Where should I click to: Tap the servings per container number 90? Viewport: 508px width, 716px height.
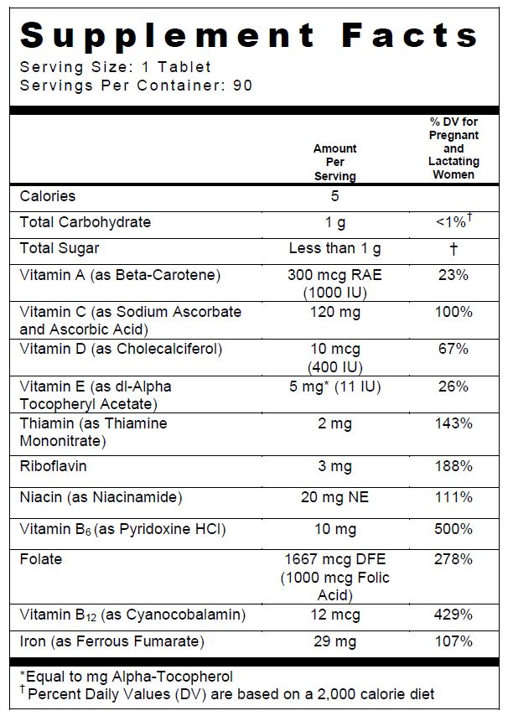242,86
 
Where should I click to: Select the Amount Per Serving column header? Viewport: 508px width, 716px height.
334,162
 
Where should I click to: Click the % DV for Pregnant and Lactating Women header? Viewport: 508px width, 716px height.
454,148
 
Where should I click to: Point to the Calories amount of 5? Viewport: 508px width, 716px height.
334,196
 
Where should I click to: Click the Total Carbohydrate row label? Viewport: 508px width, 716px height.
86,222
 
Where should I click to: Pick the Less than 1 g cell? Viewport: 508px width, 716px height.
334,248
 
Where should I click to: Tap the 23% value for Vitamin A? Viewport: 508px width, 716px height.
454,274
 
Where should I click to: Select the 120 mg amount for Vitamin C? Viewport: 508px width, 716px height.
334,312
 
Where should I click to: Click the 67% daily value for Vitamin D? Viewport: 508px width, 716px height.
454,349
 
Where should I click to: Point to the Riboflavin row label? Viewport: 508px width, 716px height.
54,465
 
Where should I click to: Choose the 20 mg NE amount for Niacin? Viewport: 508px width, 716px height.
334,497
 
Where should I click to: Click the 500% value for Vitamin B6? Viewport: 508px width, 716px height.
454,529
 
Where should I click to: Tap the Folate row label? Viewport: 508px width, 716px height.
41,559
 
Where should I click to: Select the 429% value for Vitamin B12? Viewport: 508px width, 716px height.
454,615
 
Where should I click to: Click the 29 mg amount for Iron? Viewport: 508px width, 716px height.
334,641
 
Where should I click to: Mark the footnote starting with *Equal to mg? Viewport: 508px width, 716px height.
126,676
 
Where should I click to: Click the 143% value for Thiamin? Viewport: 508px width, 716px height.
454,423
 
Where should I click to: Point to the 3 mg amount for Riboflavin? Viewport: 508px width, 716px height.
334,465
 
